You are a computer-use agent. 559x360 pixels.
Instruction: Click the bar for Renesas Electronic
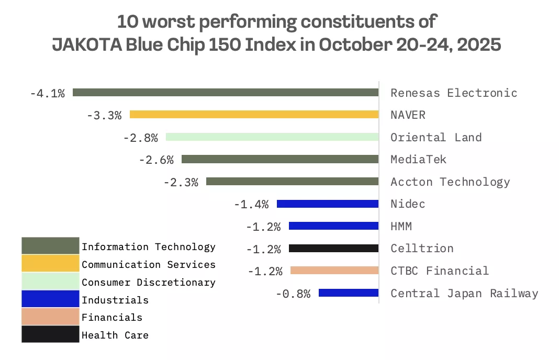coord(225,93)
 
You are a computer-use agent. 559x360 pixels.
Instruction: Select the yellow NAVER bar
coord(254,115)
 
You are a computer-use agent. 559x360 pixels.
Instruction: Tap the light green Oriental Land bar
coord(272,137)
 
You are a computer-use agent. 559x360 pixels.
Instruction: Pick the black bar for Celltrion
coord(333,248)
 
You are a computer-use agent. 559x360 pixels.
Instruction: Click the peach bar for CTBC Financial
coord(334,271)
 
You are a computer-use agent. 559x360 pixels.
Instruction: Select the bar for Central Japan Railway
coord(348,293)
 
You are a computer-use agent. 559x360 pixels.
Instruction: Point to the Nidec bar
coord(327,204)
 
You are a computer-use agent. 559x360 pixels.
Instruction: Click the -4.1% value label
coord(48,94)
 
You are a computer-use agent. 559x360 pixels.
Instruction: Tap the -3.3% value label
coord(104,116)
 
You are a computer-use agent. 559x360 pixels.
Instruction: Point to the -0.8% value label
coord(293,294)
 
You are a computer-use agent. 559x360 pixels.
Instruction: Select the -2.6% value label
coord(156,160)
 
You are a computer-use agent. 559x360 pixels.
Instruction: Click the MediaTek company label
coord(418,160)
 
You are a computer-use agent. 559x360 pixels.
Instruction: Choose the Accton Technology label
coord(450,182)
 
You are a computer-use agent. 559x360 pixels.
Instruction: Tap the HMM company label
coord(401,226)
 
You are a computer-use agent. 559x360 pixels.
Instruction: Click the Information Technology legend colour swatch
coord(50,246)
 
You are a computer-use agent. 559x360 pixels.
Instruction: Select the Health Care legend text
coord(115,335)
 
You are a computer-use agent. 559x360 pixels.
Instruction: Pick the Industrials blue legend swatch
coord(50,299)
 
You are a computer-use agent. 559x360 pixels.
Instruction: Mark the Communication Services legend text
coord(149,265)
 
